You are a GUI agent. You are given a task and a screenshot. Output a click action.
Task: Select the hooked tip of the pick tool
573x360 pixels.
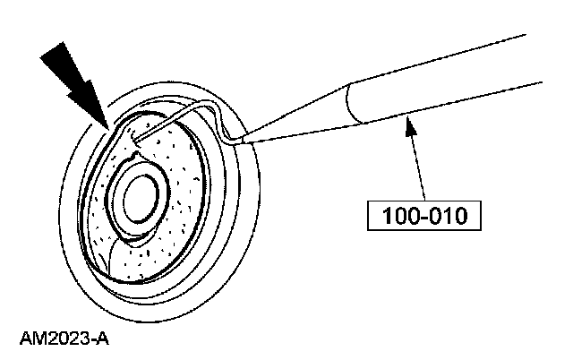click(x=134, y=139)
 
